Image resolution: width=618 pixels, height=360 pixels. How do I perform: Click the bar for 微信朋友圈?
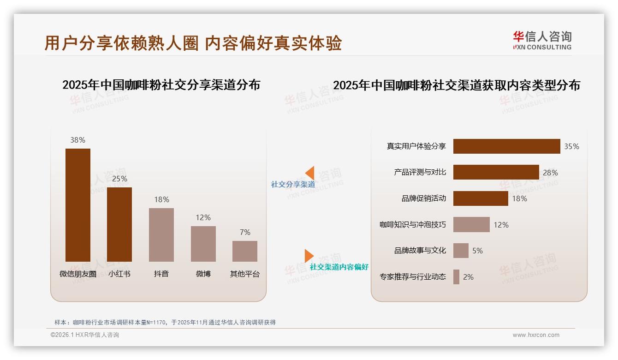point(78,205)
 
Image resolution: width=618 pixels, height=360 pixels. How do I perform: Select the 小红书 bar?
point(119,224)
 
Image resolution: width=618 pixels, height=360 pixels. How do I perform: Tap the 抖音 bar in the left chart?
point(161,234)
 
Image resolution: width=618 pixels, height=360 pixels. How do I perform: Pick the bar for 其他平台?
point(245,251)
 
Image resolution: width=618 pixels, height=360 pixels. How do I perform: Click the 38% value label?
point(78,140)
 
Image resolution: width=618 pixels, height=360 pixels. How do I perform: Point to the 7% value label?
point(245,232)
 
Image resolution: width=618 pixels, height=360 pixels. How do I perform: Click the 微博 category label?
point(203,274)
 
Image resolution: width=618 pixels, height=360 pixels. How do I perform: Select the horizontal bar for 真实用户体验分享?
point(506,146)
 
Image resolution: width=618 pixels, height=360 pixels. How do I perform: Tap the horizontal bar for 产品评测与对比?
point(496,172)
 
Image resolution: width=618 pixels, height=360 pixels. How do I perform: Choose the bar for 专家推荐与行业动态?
point(456,277)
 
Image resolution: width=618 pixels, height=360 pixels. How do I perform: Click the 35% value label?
point(571,146)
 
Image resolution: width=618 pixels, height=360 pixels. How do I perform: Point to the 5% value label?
point(477,251)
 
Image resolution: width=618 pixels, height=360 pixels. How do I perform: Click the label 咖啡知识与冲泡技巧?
point(413,225)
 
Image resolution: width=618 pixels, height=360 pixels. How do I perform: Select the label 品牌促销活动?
point(424,198)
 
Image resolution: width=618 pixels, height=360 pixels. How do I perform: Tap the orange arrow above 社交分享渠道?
point(309,173)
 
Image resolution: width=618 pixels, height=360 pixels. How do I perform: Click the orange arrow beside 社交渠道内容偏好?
point(309,256)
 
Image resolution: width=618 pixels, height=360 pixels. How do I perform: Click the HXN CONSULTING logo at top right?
point(542,41)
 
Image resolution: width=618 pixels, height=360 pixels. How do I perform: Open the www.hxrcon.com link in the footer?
point(536,335)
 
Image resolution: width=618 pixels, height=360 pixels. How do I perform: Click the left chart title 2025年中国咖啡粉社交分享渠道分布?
point(161,85)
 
